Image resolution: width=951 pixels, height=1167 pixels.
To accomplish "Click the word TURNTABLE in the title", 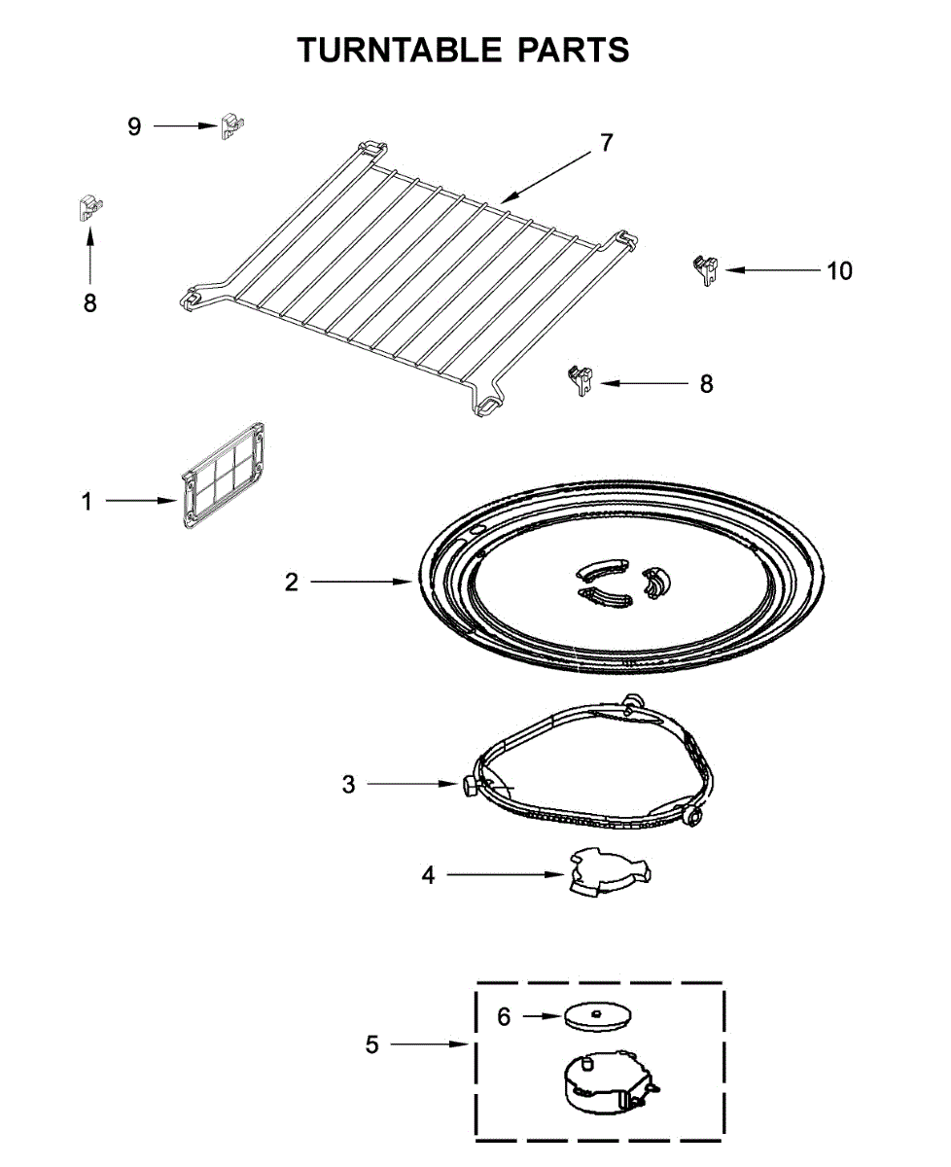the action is tap(405, 50).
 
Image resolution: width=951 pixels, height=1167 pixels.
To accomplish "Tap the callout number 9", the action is tap(134, 126).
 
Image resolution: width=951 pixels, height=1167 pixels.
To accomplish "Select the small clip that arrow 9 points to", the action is tap(231, 126).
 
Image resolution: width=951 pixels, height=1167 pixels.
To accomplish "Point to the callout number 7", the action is tap(606, 143).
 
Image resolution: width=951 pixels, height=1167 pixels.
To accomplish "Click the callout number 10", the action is tap(838, 270).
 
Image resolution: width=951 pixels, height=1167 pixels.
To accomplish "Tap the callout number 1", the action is tap(87, 502).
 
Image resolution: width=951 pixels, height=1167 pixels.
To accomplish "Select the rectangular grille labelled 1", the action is tap(223, 476).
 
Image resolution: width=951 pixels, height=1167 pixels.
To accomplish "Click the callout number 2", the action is tap(291, 583).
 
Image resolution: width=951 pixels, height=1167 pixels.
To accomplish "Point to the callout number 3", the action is tap(348, 784).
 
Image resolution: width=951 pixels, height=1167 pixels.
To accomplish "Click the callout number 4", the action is tap(428, 875).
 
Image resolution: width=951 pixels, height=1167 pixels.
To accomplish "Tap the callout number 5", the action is tap(372, 1044).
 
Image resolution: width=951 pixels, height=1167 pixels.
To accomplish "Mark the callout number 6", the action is tap(504, 1016).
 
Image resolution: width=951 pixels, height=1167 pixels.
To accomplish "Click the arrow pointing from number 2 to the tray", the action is tap(361, 583).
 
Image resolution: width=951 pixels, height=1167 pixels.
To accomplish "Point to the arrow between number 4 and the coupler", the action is tap(505, 875).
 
